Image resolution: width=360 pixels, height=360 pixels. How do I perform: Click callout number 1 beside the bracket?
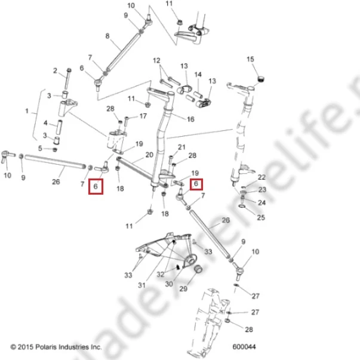pyautogui.click(x=27, y=112)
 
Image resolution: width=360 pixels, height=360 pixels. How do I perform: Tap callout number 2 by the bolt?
pyautogui.click(x=55, y=71)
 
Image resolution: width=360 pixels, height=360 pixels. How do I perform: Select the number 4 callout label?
pyautogui.click(x=45, y=123)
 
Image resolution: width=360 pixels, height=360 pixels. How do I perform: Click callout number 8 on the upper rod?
pyautogui.click(x=107, y=36)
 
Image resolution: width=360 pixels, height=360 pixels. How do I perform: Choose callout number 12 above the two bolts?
pyautogui.click(x=156, y=61)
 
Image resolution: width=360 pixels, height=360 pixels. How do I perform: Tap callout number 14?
pyautogui.click(x=198, y=75)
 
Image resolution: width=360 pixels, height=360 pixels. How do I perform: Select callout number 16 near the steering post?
pyautogui.click(x=190, y=119)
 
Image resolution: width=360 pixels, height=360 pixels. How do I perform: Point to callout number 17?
pyautogui.click(x=143, y=116)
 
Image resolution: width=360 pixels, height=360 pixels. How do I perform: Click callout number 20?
pyautogui.click(x=149, y=155)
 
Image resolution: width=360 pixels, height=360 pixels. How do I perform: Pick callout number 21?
pyautogui.click(x=181, y=147)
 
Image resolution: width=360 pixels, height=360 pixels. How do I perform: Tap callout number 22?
pyautogui.click(x=261, y=177)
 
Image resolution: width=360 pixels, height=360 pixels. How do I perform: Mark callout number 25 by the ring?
pyautogui.click(x=261, y=217)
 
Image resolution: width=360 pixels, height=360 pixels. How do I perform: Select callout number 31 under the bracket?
pyautogui.click(x=141, y=285)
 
